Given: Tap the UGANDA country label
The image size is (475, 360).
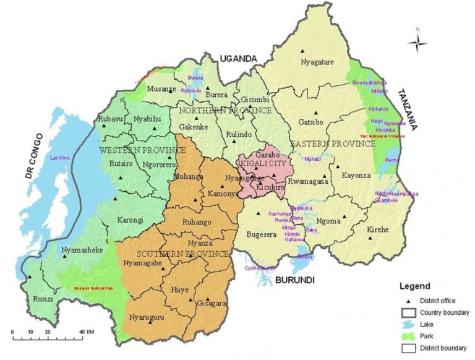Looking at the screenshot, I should [x=237, y=58].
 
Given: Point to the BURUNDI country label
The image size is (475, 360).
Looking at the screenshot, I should [x=295, y=280].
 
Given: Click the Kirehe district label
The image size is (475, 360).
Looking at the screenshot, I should [x=378, y=229].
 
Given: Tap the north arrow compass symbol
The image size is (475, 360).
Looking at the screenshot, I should [x=419, y=42].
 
